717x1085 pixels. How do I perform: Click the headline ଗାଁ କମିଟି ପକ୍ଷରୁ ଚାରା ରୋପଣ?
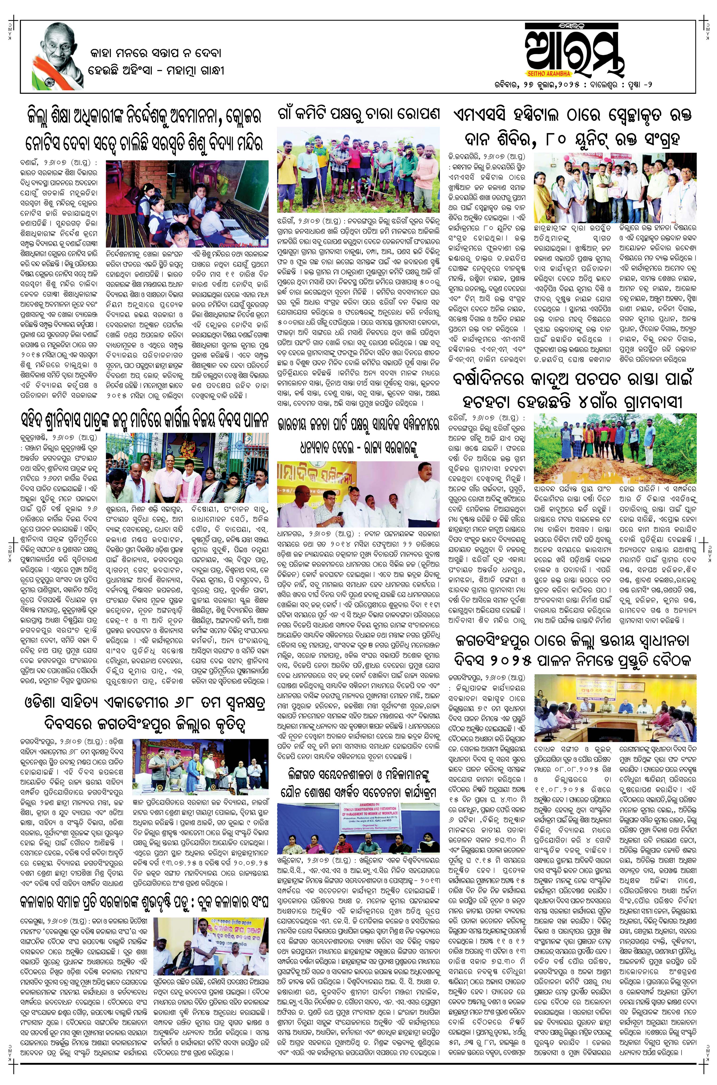[359, 113]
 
